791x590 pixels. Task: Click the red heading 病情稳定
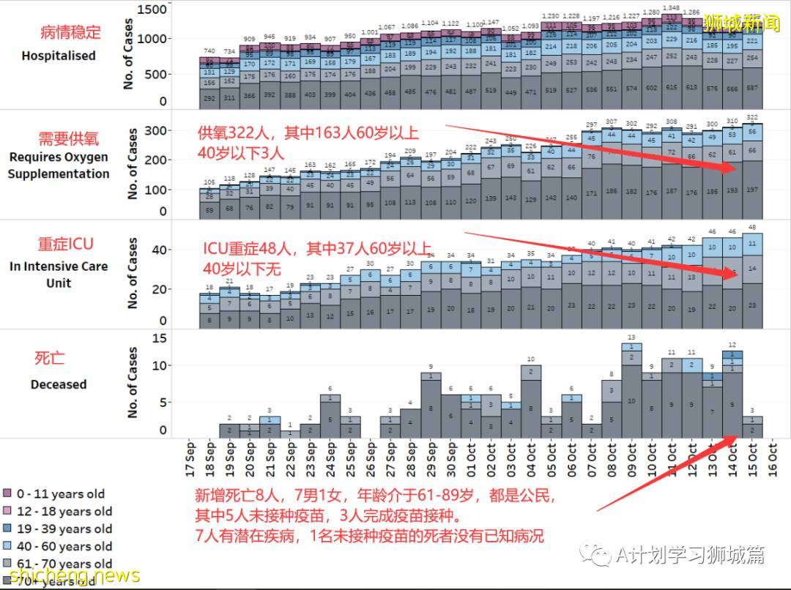(x=70, y=33)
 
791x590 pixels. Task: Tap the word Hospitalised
(x=58, y=56)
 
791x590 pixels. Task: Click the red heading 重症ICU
(x=65, y=244)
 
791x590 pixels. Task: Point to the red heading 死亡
(x=49, y=358)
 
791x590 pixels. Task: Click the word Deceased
(x=59, y=384)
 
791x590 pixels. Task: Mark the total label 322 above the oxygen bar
(x=752, y=117)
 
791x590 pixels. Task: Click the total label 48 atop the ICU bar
(x=752, y=228)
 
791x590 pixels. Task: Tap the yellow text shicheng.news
(x=71, y=576)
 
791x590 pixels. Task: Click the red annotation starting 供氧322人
(x=308, y=133)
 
